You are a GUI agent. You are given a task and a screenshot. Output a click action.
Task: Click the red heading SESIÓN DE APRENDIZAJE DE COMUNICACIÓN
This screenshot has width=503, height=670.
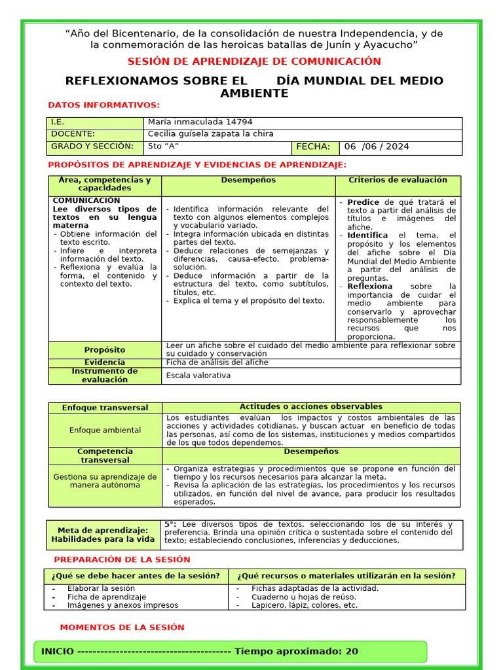click(253, 62)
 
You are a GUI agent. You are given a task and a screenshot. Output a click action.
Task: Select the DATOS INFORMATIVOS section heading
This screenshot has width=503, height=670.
click(103, 105)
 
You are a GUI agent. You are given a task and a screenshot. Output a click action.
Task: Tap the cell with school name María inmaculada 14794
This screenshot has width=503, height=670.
click(200, 122)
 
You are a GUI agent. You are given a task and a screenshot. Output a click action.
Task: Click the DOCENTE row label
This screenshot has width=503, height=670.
click(73, 134)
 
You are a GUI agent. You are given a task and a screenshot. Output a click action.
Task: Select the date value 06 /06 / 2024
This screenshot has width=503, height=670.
click(377, 147)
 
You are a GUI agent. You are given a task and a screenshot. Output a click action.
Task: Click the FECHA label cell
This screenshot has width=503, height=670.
click(313, 147)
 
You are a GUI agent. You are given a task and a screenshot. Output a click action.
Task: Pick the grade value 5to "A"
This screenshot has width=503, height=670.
click(164, 147)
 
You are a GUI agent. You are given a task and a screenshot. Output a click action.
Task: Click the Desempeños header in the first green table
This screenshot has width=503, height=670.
click(248, 180)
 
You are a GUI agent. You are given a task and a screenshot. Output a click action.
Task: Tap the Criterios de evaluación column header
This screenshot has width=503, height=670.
click(398, 180)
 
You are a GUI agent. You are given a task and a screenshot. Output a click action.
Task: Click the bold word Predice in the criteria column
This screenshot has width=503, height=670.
click(363, 202)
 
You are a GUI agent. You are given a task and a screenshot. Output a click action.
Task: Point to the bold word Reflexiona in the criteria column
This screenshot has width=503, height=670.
click(369, 287)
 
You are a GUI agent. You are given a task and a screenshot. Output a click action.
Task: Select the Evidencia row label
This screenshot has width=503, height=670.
click(105, 362)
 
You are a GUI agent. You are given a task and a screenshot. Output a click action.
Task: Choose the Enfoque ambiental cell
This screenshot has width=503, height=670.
click(105, 431)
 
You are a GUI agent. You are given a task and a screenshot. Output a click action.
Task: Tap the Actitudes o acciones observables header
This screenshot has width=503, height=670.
click(310, 407)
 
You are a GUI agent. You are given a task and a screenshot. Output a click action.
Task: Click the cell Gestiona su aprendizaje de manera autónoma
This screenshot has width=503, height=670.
click(105, 481)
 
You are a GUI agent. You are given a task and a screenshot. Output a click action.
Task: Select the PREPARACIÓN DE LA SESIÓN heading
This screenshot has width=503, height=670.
click(122, 560)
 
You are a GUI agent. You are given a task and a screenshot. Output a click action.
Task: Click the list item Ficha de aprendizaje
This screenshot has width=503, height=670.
click(107, 597)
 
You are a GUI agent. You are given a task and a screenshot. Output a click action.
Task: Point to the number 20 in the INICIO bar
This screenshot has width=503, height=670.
click(352, 652)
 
